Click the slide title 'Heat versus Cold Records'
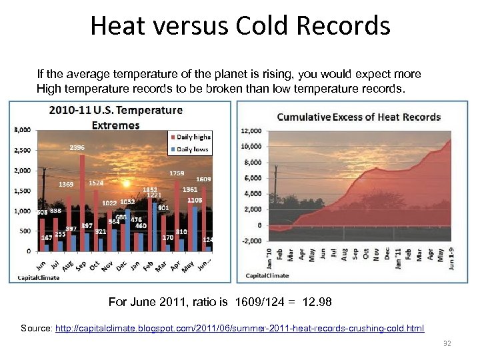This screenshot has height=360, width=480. tap(240, 26)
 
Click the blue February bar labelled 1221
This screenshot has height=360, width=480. tap(155, 227)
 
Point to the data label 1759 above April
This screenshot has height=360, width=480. tap(177, 173)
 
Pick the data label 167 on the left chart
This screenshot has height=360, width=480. tap(47, 238)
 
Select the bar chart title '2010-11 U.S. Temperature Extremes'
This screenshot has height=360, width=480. tap(115, 117)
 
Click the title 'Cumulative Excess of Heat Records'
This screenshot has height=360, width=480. tap(359, 117)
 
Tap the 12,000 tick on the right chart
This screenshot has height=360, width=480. tap(251, 131)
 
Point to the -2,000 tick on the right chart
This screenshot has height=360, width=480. tap(252, 241)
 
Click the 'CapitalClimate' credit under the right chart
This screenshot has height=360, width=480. tap(268, 275)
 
